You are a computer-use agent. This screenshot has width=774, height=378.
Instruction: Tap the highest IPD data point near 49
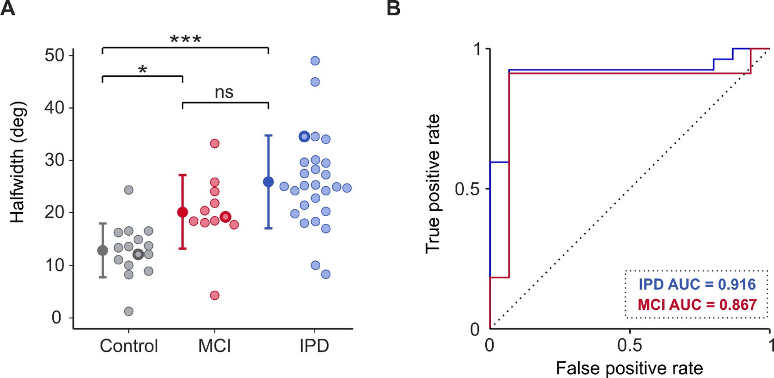[x=315, y=61]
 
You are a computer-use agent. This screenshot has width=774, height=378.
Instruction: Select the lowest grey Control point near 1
[x=129, y=311]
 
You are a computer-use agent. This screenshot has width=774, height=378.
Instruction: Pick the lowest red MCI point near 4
[x=215, y=295]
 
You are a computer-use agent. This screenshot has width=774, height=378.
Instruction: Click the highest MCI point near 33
[x=215, y=143]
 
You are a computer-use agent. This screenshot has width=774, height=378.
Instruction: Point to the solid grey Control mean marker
[x=103, y=251]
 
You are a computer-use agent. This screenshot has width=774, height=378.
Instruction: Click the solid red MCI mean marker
[x=182, y=212]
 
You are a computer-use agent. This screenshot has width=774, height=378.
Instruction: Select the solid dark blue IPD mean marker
[x=268, y=182]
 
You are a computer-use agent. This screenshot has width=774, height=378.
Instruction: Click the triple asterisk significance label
[x=185, y=39]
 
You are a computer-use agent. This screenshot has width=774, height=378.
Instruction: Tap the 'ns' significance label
[x=224, y=92]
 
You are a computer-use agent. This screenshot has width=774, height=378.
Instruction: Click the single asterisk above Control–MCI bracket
[x=143, y=70]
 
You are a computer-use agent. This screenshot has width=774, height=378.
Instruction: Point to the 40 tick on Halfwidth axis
[x=54, y=108]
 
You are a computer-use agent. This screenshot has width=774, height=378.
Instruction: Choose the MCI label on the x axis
[x=214, y=346]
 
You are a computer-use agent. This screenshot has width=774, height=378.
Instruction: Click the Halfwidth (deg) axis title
[x=18, y=162]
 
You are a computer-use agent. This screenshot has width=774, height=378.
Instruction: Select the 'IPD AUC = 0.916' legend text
[x=697, y=284]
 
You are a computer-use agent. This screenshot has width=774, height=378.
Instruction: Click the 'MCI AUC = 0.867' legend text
[x=697, y=305]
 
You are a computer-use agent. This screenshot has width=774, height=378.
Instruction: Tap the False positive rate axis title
[x=629, y=368]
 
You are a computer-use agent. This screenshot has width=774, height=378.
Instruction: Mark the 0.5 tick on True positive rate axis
[x=467, y=189]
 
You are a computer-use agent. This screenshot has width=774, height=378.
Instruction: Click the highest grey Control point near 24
[x=129, y=190]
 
